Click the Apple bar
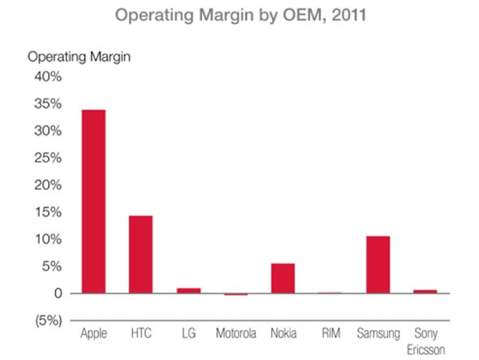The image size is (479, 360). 93,202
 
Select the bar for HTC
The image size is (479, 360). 140,254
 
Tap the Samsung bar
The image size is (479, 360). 378,265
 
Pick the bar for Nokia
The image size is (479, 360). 283,279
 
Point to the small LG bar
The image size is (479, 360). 188,290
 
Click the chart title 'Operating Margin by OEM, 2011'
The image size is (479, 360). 239,15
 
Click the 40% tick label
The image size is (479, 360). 46,76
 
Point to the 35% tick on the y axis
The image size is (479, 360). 46,104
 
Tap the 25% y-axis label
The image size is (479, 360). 46,158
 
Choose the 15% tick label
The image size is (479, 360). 46,212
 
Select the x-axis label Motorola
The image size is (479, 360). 236,333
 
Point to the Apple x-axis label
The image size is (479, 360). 94,333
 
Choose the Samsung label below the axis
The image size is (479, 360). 378,333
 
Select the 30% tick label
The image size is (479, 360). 46,131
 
